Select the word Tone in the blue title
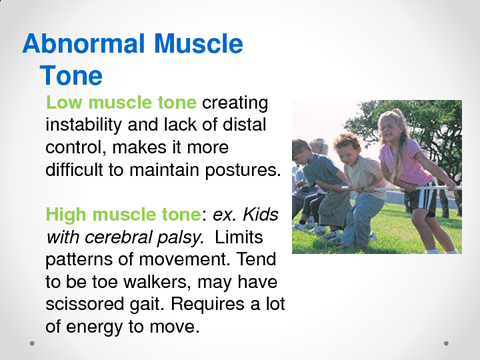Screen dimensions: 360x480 pos(72,76)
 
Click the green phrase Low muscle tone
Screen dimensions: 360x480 pos(123,103)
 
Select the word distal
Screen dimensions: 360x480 pos(252,125)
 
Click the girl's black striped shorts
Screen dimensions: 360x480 pos(424,196)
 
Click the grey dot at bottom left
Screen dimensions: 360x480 pos(32,342)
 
